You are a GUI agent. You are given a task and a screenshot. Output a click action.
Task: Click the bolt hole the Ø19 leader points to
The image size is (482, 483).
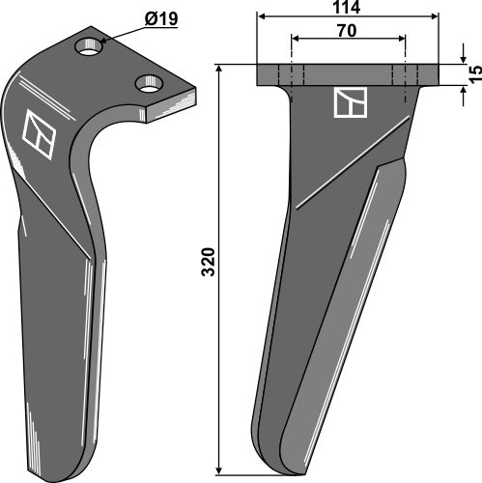tap(91, 45)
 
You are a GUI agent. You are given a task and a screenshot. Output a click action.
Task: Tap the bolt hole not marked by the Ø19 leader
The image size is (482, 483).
tap(149, 84)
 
